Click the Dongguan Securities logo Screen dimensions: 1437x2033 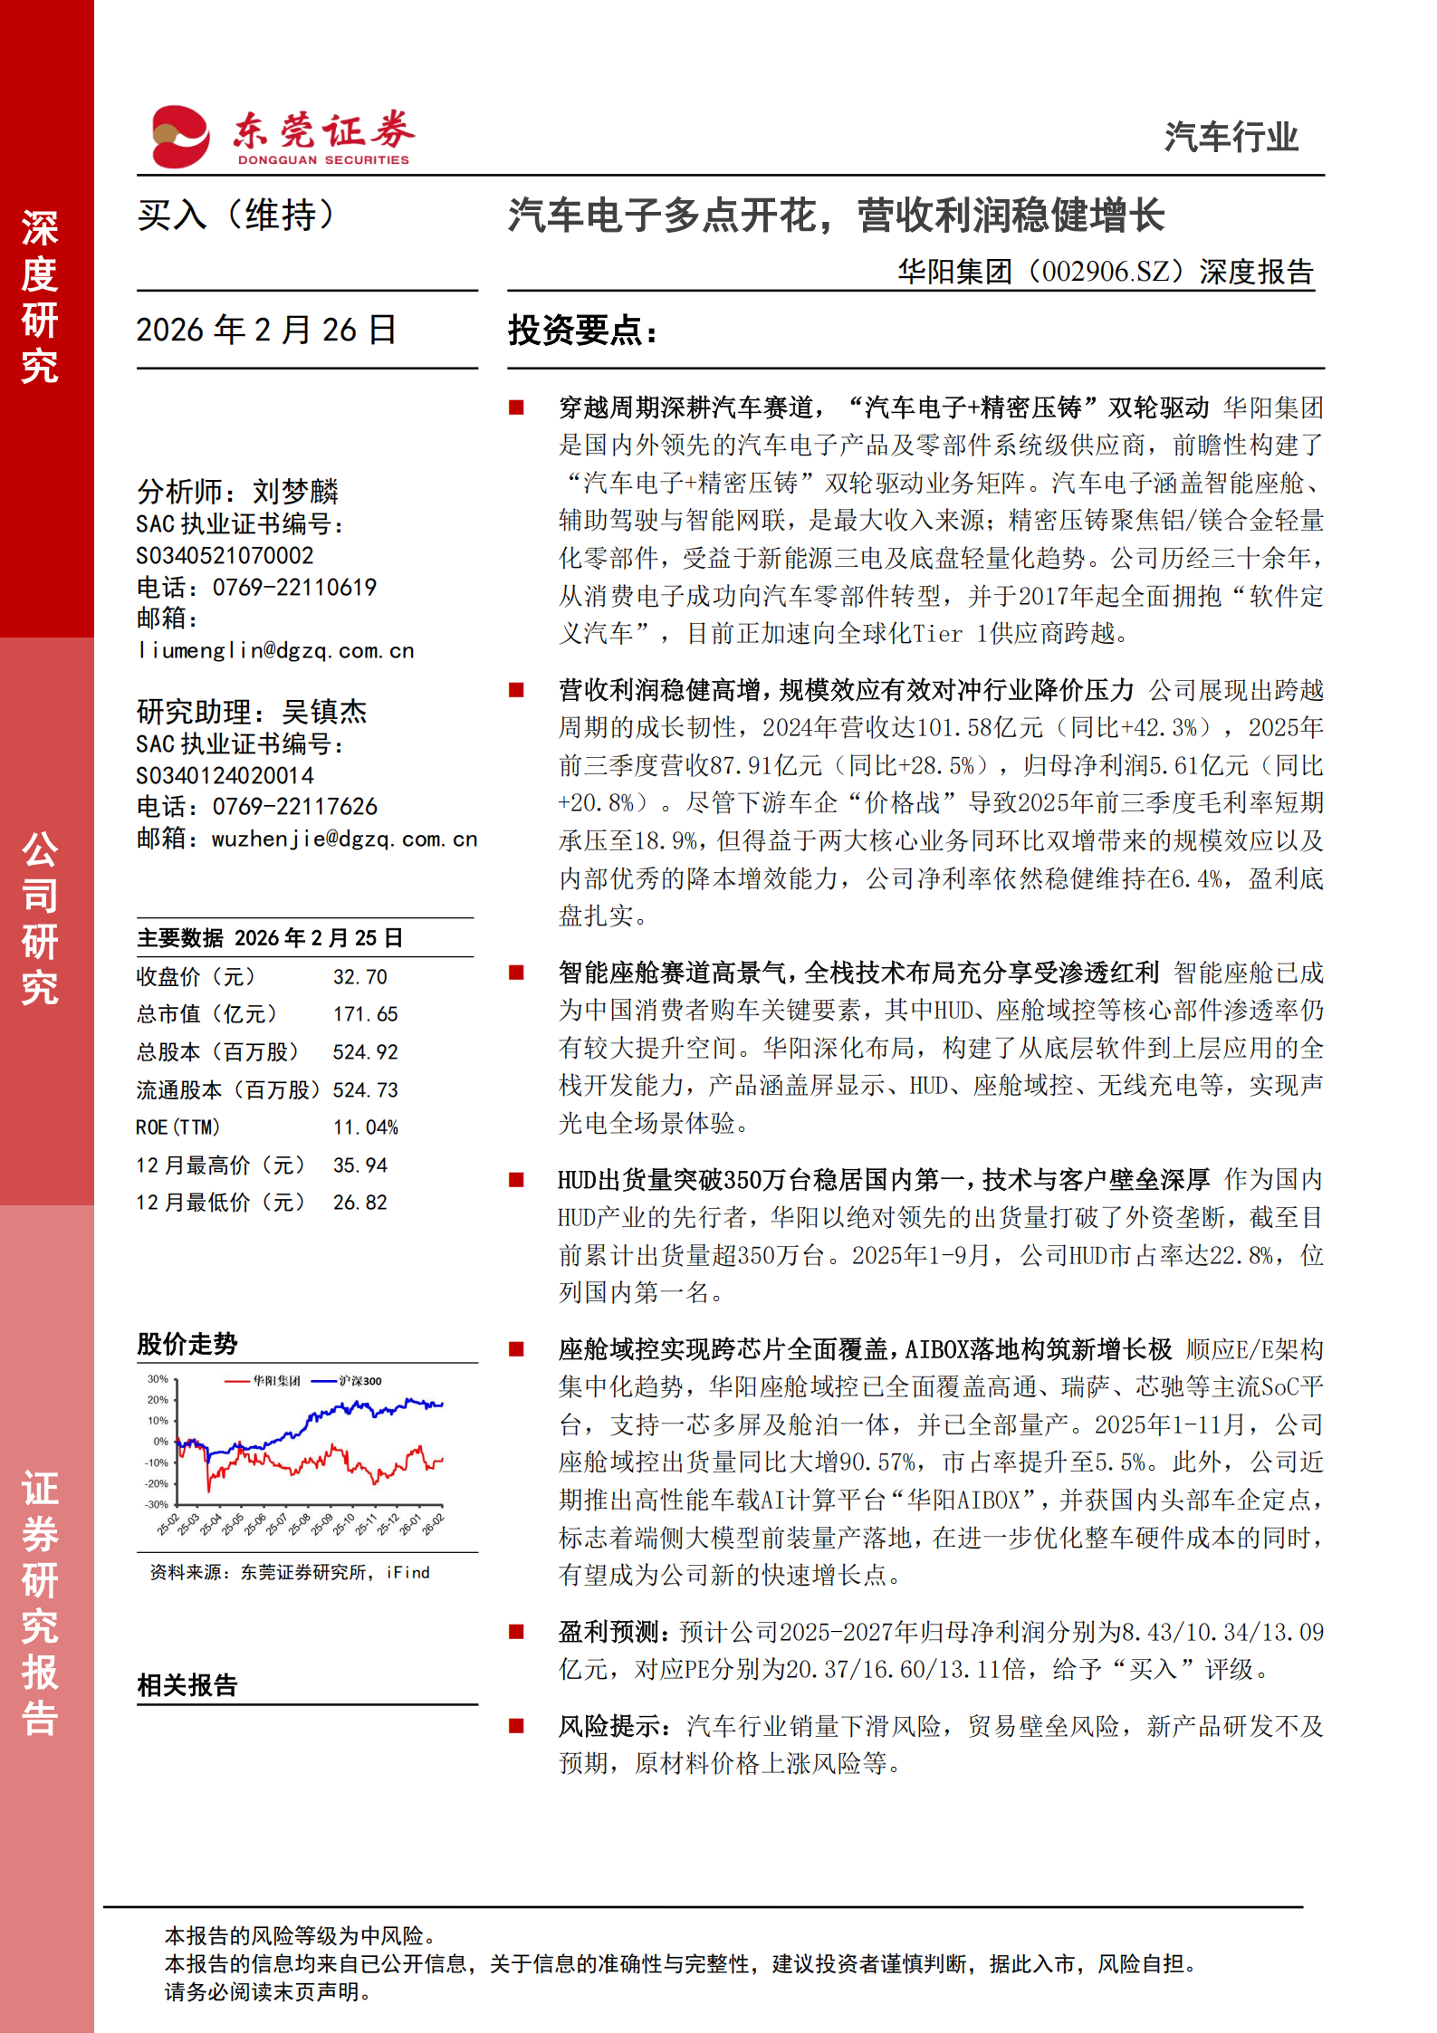281,137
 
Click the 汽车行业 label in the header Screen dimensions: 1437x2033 1230,138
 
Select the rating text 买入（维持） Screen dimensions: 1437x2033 237,216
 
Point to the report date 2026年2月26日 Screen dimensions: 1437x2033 266,330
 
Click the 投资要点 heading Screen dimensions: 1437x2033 582,331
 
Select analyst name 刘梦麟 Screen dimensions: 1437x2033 295,492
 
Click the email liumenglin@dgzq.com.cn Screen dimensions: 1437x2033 275,650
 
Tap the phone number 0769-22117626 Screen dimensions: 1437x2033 294,806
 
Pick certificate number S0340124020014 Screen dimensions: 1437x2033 225,775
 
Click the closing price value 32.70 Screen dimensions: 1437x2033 359,977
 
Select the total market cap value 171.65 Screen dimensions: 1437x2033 365,1014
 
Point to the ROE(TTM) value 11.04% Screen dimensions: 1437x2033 365,1127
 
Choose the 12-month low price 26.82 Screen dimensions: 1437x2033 359,1203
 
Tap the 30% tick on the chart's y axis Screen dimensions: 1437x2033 158,1379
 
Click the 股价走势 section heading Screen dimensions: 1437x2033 187,1344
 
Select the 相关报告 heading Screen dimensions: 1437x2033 187,1685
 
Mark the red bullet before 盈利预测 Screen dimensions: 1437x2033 517,1632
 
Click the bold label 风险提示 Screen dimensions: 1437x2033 609,1726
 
